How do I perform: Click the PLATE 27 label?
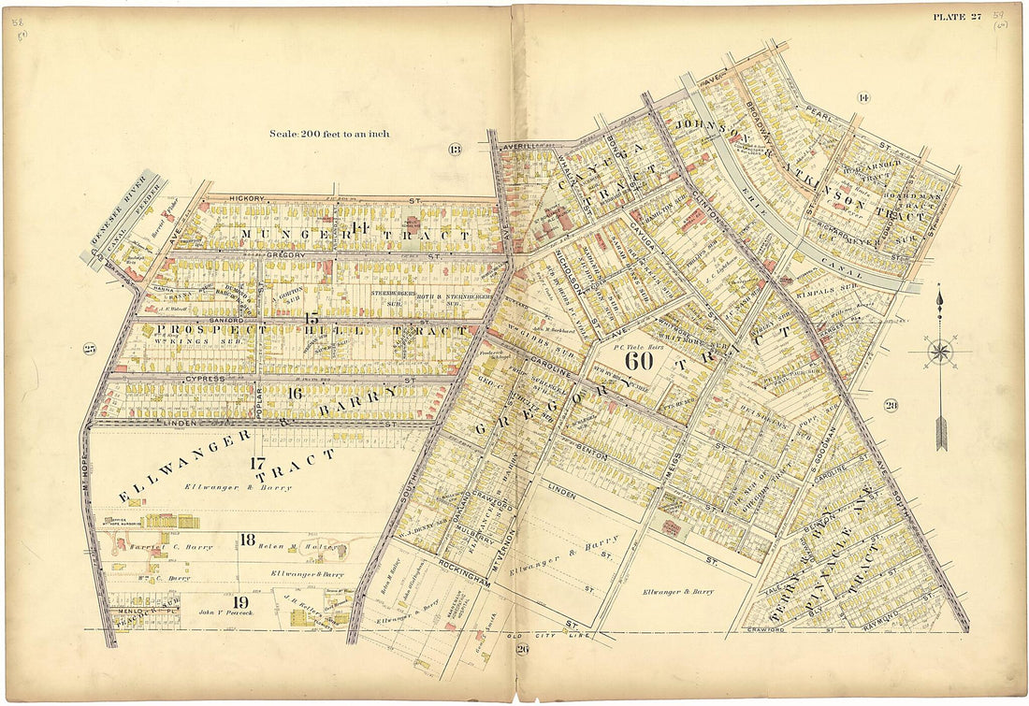coord(956,15)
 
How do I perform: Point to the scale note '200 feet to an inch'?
coord(328,134)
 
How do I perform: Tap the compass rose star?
coord(939,353)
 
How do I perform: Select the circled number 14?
coord(862,97)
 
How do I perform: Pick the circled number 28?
coord(890,405)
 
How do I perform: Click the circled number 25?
coord(90,349)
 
